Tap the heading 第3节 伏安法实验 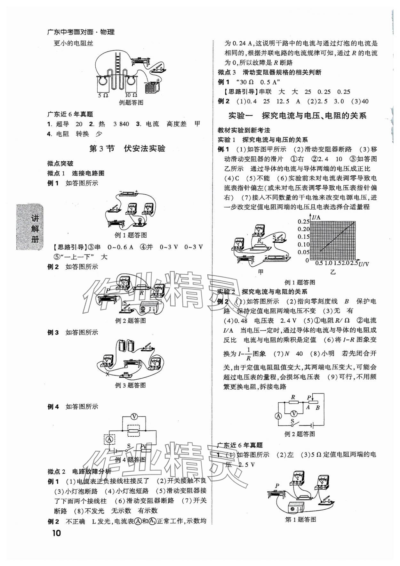point(127,149)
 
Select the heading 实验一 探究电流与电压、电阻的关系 point(297,116)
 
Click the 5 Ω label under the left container point(104,95)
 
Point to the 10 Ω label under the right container point(131,95)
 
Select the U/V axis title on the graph point(364,264)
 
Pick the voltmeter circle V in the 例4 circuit point(134,416)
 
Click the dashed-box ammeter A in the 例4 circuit point(110,440)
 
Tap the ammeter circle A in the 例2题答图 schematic point(278,416)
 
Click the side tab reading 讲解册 point(35,229)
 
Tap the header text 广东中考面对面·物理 point(81,32)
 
